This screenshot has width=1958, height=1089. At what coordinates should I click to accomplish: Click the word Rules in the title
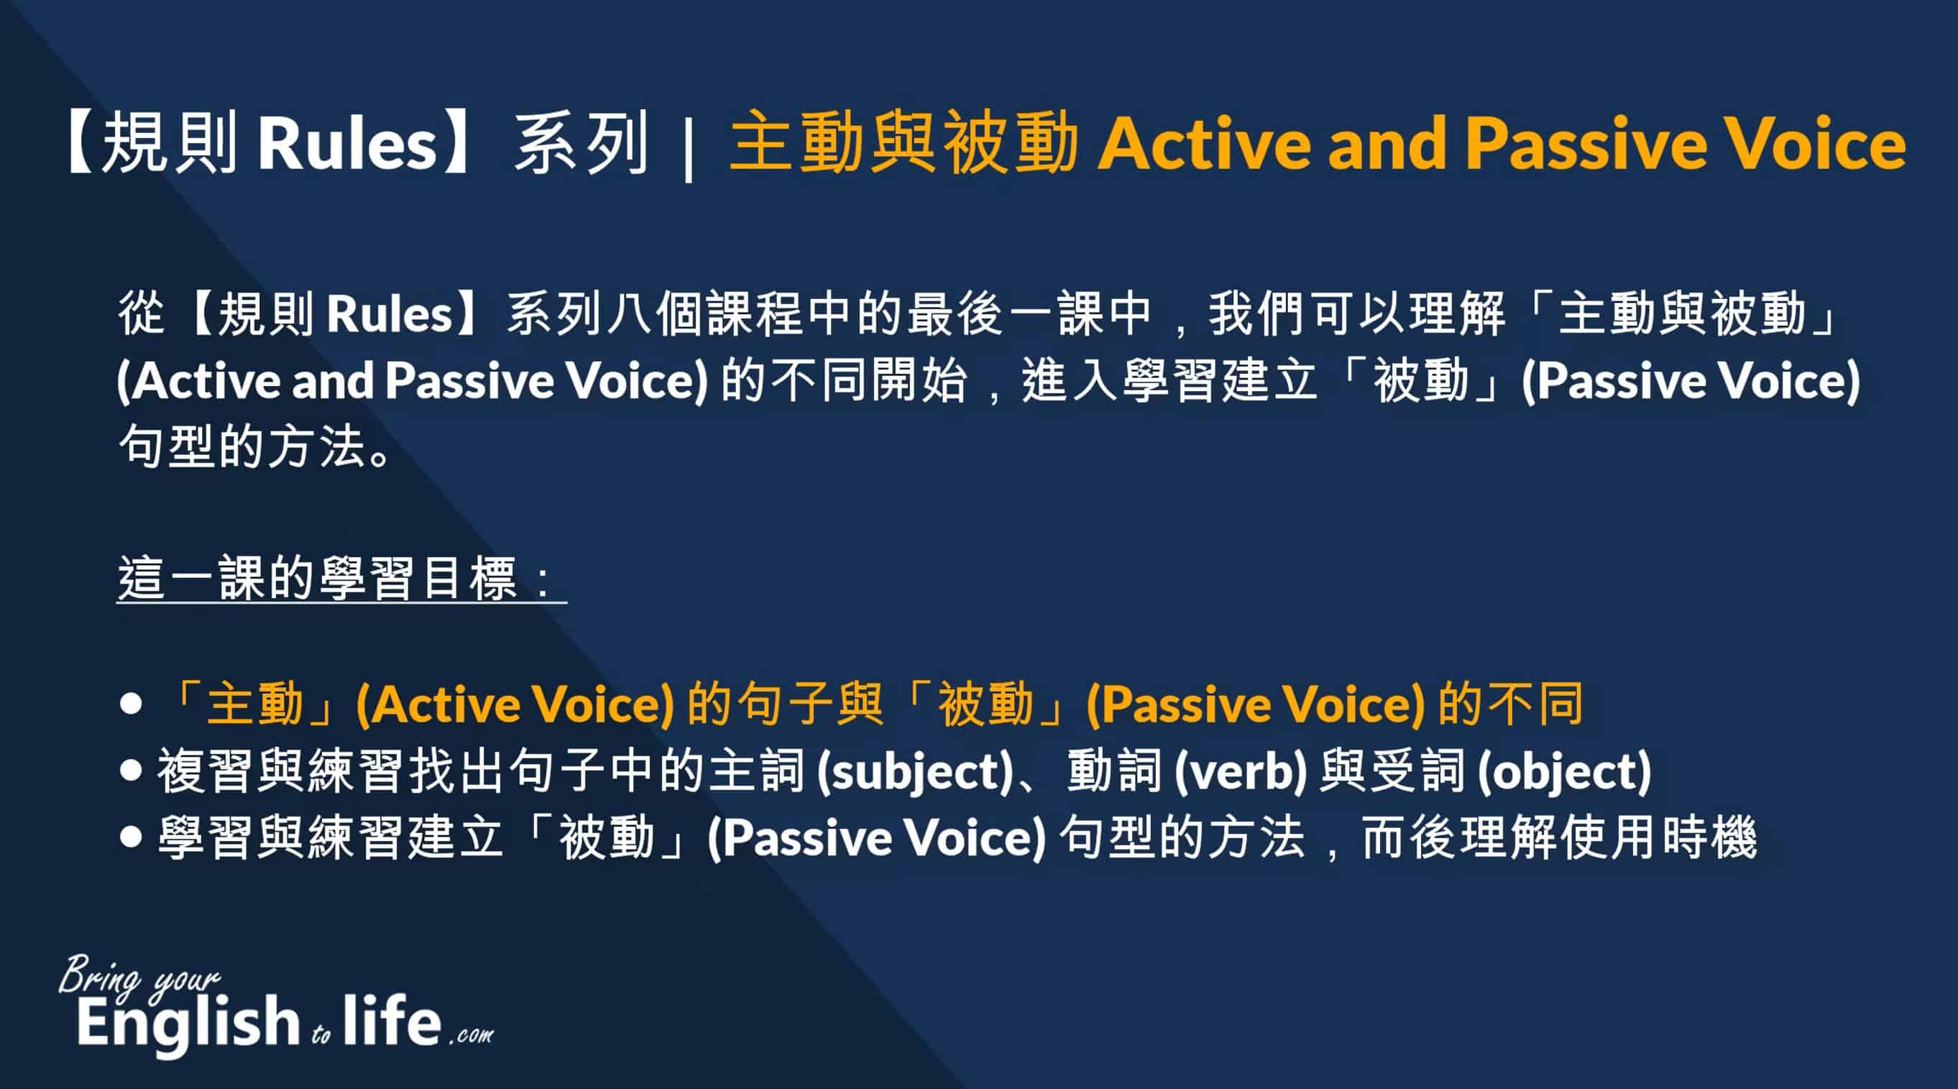coord(347,143)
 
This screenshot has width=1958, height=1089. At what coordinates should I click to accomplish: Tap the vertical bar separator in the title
coord(689,144)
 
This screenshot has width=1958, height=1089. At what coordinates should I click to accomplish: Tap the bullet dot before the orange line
coord(131,704)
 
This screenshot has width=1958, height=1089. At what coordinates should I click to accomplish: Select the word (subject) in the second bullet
coord(915,771)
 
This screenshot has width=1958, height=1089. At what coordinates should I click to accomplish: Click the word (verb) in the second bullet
coord(1241,771)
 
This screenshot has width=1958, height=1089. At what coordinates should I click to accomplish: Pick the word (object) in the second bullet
coord(1564,771)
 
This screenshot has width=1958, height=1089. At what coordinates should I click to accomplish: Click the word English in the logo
coord(188,1022)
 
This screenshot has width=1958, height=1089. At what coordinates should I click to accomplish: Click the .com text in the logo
coord(472,1035)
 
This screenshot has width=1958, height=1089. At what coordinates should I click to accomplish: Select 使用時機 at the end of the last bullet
coord(1658,837)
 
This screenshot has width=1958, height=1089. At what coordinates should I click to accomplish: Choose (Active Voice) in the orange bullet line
coord(515,704)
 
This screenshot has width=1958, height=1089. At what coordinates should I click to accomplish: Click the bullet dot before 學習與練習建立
coord(131,837)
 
